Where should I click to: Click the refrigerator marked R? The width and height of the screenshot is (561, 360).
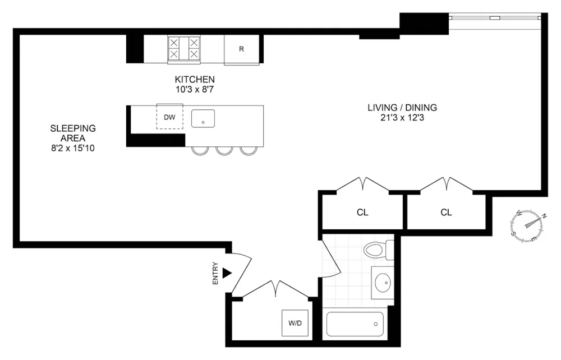(x=241, y=50)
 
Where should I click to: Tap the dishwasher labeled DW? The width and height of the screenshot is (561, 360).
(x=169, y=117)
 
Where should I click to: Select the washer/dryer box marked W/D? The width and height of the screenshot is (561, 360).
(x=295, y=323)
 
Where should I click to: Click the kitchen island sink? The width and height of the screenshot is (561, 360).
(x=203, y=119)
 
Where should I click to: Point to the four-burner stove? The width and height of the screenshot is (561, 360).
(x=184, y=49)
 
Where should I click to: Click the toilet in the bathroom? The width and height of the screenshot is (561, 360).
(x=379, y=250)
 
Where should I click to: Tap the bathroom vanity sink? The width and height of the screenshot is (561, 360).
(x=383, y=283)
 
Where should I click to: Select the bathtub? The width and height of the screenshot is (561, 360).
(x=355, y=324)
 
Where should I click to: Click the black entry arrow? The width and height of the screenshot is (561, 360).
(x=227, y=273)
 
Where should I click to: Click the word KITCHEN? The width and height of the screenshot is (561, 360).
(x=195, y=80)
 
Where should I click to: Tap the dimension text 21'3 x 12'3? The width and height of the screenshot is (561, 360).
(x=402, y=118)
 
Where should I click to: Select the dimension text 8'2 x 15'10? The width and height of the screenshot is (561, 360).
(x=73, y=148)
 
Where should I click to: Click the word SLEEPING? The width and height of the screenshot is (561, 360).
(x=73, y=128)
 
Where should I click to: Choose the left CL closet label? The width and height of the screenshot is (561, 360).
(x=362, y=213)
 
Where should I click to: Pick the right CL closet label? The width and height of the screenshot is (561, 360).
(x=446, y=213)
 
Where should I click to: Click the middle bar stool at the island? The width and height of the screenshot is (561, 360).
(x=224, y=150)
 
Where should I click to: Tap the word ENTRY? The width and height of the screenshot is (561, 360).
(x=215, y=274)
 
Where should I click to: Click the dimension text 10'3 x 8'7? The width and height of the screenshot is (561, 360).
(x=195, y=89)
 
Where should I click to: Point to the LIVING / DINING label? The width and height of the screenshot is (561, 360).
(x=402, y=108)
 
